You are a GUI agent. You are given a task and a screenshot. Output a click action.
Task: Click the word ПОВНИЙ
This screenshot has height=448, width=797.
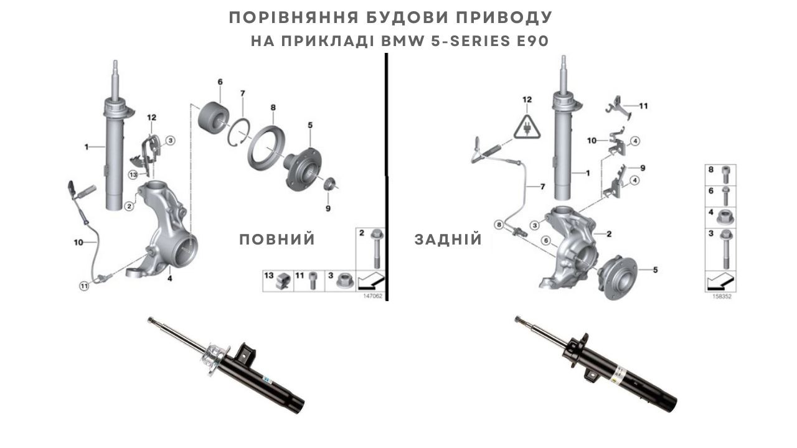[277, 240]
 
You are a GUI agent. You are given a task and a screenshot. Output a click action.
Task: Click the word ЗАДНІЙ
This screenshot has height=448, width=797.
[448, 240]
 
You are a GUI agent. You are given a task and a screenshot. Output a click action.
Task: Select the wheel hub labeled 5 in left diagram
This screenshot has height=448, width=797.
[301, 169]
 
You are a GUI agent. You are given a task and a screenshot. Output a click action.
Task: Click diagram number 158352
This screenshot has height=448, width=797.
[722, 297]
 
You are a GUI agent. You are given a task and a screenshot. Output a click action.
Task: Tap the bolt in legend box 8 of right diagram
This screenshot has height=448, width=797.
[725, 175]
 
